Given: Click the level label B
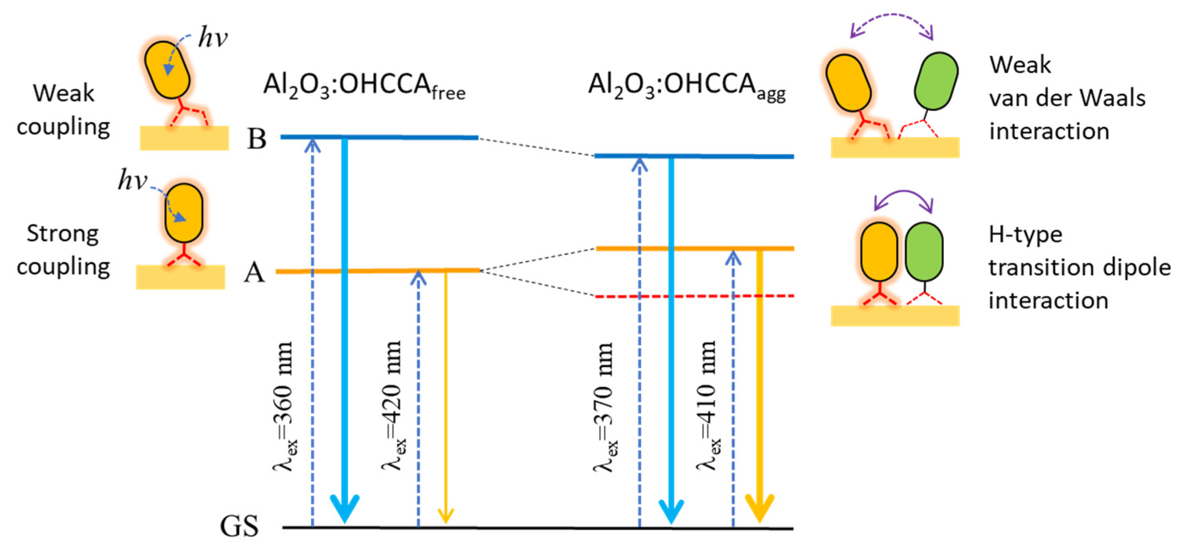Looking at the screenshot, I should (x=257, y=138).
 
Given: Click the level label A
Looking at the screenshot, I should (x=254, y=273).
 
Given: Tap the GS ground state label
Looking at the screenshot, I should (x=239, y=526).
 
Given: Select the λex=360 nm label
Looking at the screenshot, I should (x=283, y=406).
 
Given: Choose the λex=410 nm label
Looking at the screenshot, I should (x=707, y=406).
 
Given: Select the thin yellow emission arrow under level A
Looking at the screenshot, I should (x=446, y=397).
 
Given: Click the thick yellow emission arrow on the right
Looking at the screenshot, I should (x=760, y=388).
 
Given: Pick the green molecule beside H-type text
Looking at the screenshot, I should (x=924, y=252).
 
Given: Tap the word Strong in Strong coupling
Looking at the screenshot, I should (x=63, y=234).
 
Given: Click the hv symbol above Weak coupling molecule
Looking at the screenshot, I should (x=213, y=37).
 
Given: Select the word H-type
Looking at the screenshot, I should (x=1025, y=235).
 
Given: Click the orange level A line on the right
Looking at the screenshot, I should (x=695, y=248).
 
